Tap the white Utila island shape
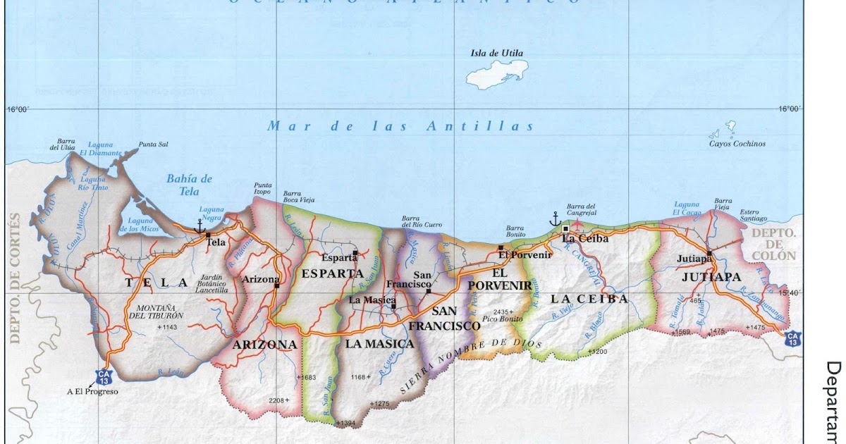pos(497,73)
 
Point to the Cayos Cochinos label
pos(737,144)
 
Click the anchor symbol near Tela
pos(200,226)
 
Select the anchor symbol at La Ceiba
pos(556,218)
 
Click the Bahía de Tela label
pos(190,185)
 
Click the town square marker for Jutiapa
pos(710,252)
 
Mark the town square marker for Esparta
pos(356,252)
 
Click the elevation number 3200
pos(598,350)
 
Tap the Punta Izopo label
pos(263,189)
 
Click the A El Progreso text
pos(93,391)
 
